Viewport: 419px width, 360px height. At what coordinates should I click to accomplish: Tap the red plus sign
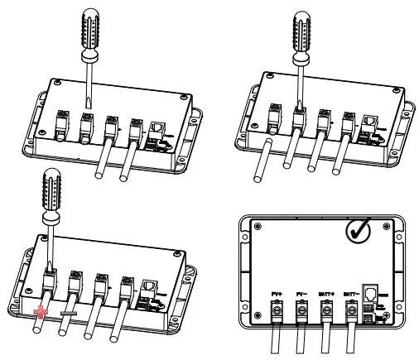pos(39,313)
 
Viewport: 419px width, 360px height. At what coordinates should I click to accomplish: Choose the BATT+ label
pos(329,292)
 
